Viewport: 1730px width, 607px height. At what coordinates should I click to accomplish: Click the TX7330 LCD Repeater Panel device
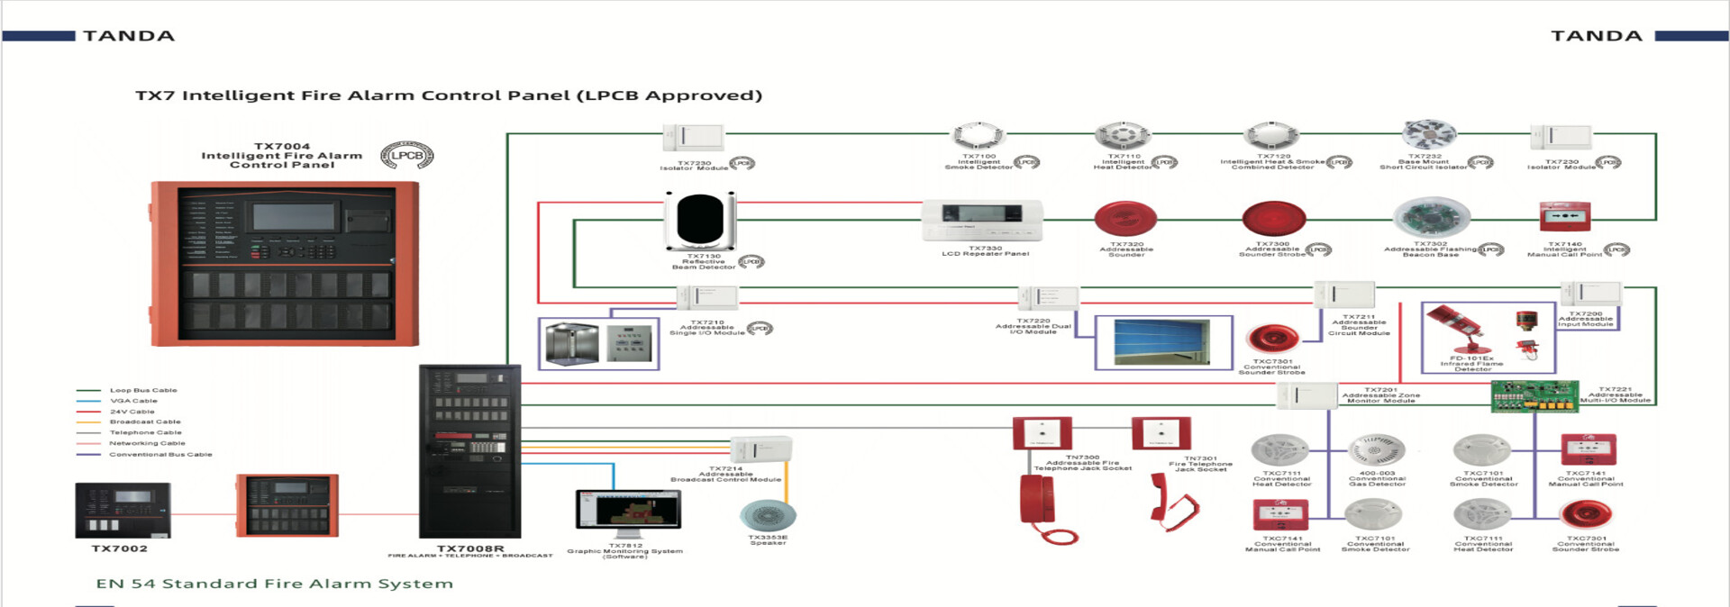982,220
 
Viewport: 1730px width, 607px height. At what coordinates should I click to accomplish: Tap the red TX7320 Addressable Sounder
1125,219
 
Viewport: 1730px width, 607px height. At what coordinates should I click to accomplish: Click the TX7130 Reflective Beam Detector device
700,221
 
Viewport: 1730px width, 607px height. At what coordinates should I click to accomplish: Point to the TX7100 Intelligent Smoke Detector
975,135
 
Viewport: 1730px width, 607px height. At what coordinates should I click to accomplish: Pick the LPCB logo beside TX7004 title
406,156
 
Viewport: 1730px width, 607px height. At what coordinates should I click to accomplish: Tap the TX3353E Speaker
768,516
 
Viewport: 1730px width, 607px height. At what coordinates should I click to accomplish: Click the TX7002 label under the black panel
119,548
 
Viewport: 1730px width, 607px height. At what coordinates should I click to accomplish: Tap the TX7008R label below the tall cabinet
470,548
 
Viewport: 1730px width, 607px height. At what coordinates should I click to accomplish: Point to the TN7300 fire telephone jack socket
1043,432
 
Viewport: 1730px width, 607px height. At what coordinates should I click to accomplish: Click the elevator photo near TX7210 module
572,344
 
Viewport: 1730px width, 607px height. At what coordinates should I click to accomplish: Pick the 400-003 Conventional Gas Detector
1376,449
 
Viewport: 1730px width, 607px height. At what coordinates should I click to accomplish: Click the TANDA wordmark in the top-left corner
129,36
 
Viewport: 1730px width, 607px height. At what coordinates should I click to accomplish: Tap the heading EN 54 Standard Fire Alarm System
275,584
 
